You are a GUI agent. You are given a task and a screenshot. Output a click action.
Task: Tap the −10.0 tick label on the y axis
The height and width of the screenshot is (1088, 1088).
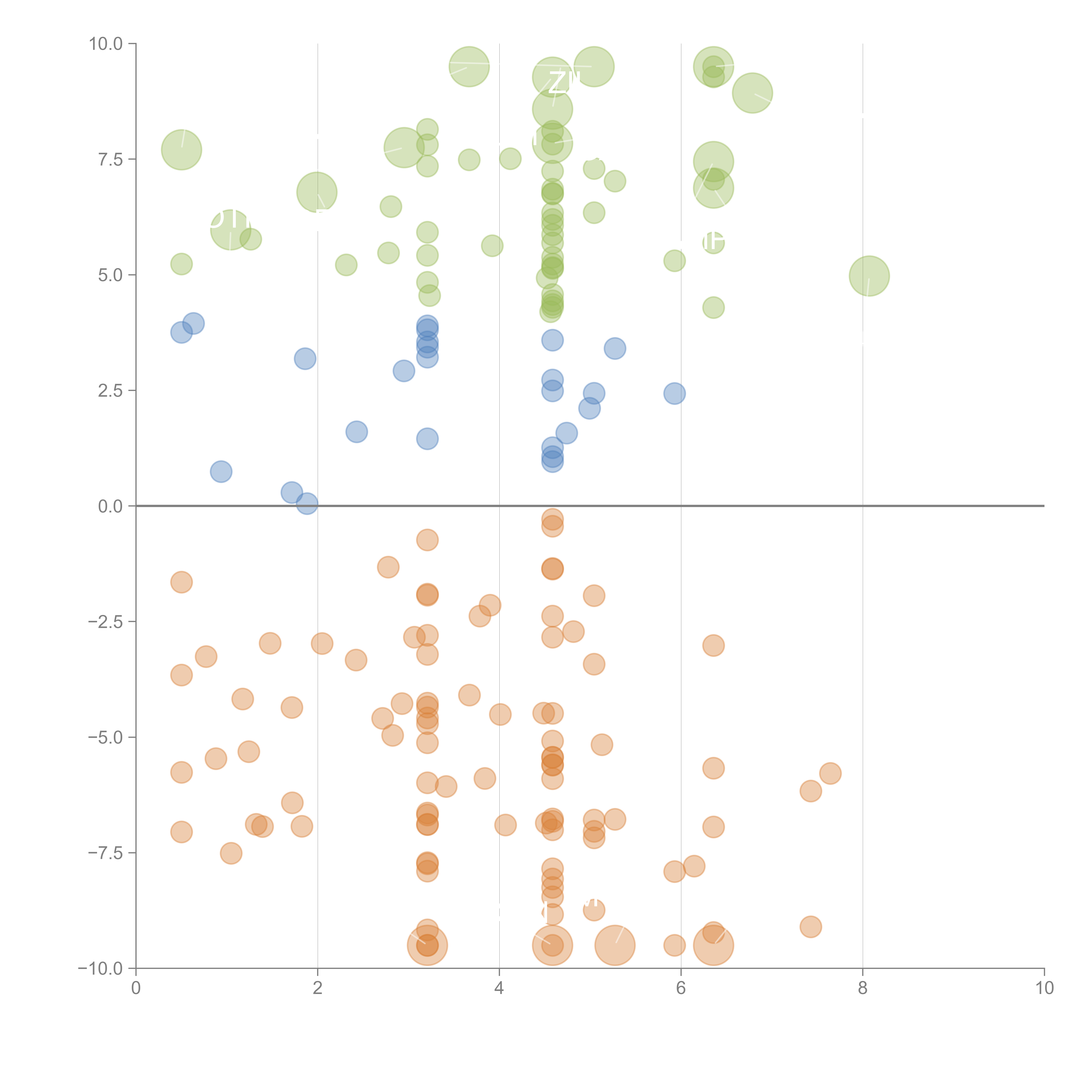click(x=100, y=969)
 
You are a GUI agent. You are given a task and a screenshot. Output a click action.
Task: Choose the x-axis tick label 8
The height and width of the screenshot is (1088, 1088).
click(x=862, y=988)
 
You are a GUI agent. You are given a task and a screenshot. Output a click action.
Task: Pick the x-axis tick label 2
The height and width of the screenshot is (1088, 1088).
click(x=318, y=988)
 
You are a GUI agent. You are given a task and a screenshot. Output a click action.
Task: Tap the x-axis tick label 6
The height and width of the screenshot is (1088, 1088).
click(x=681, y=988)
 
